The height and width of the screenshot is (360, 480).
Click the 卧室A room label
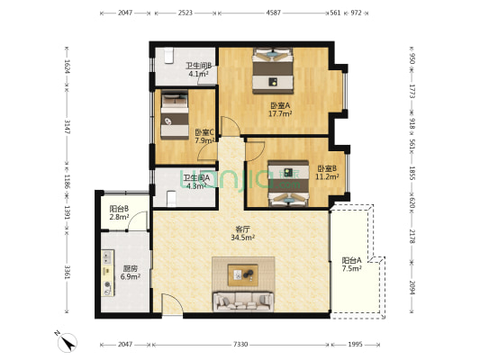[280, 106]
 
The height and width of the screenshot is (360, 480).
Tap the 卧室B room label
[327, 168]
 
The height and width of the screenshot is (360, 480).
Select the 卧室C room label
[204, 132]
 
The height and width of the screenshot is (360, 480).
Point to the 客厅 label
[243, 229]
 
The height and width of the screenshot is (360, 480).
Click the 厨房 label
[130, 269]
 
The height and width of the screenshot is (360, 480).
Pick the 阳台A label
[352, 261]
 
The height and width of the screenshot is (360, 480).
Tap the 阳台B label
[119, 209]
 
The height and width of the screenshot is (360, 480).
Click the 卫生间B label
[199, 66]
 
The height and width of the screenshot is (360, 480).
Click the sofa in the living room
[243, 301]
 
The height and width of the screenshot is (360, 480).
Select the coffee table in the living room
[243, 275]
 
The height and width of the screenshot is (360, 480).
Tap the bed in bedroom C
[175, 114]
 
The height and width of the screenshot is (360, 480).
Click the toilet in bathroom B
[169, 56]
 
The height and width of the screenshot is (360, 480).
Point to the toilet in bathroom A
[172, 199]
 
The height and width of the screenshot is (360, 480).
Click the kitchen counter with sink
[107, 273]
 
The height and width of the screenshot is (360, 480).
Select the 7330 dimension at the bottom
[240, 345]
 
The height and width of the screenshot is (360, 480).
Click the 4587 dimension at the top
[273, 13]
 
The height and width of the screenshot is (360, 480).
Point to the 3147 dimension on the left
[67, 126]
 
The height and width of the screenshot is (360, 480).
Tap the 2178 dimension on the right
[412, 237]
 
